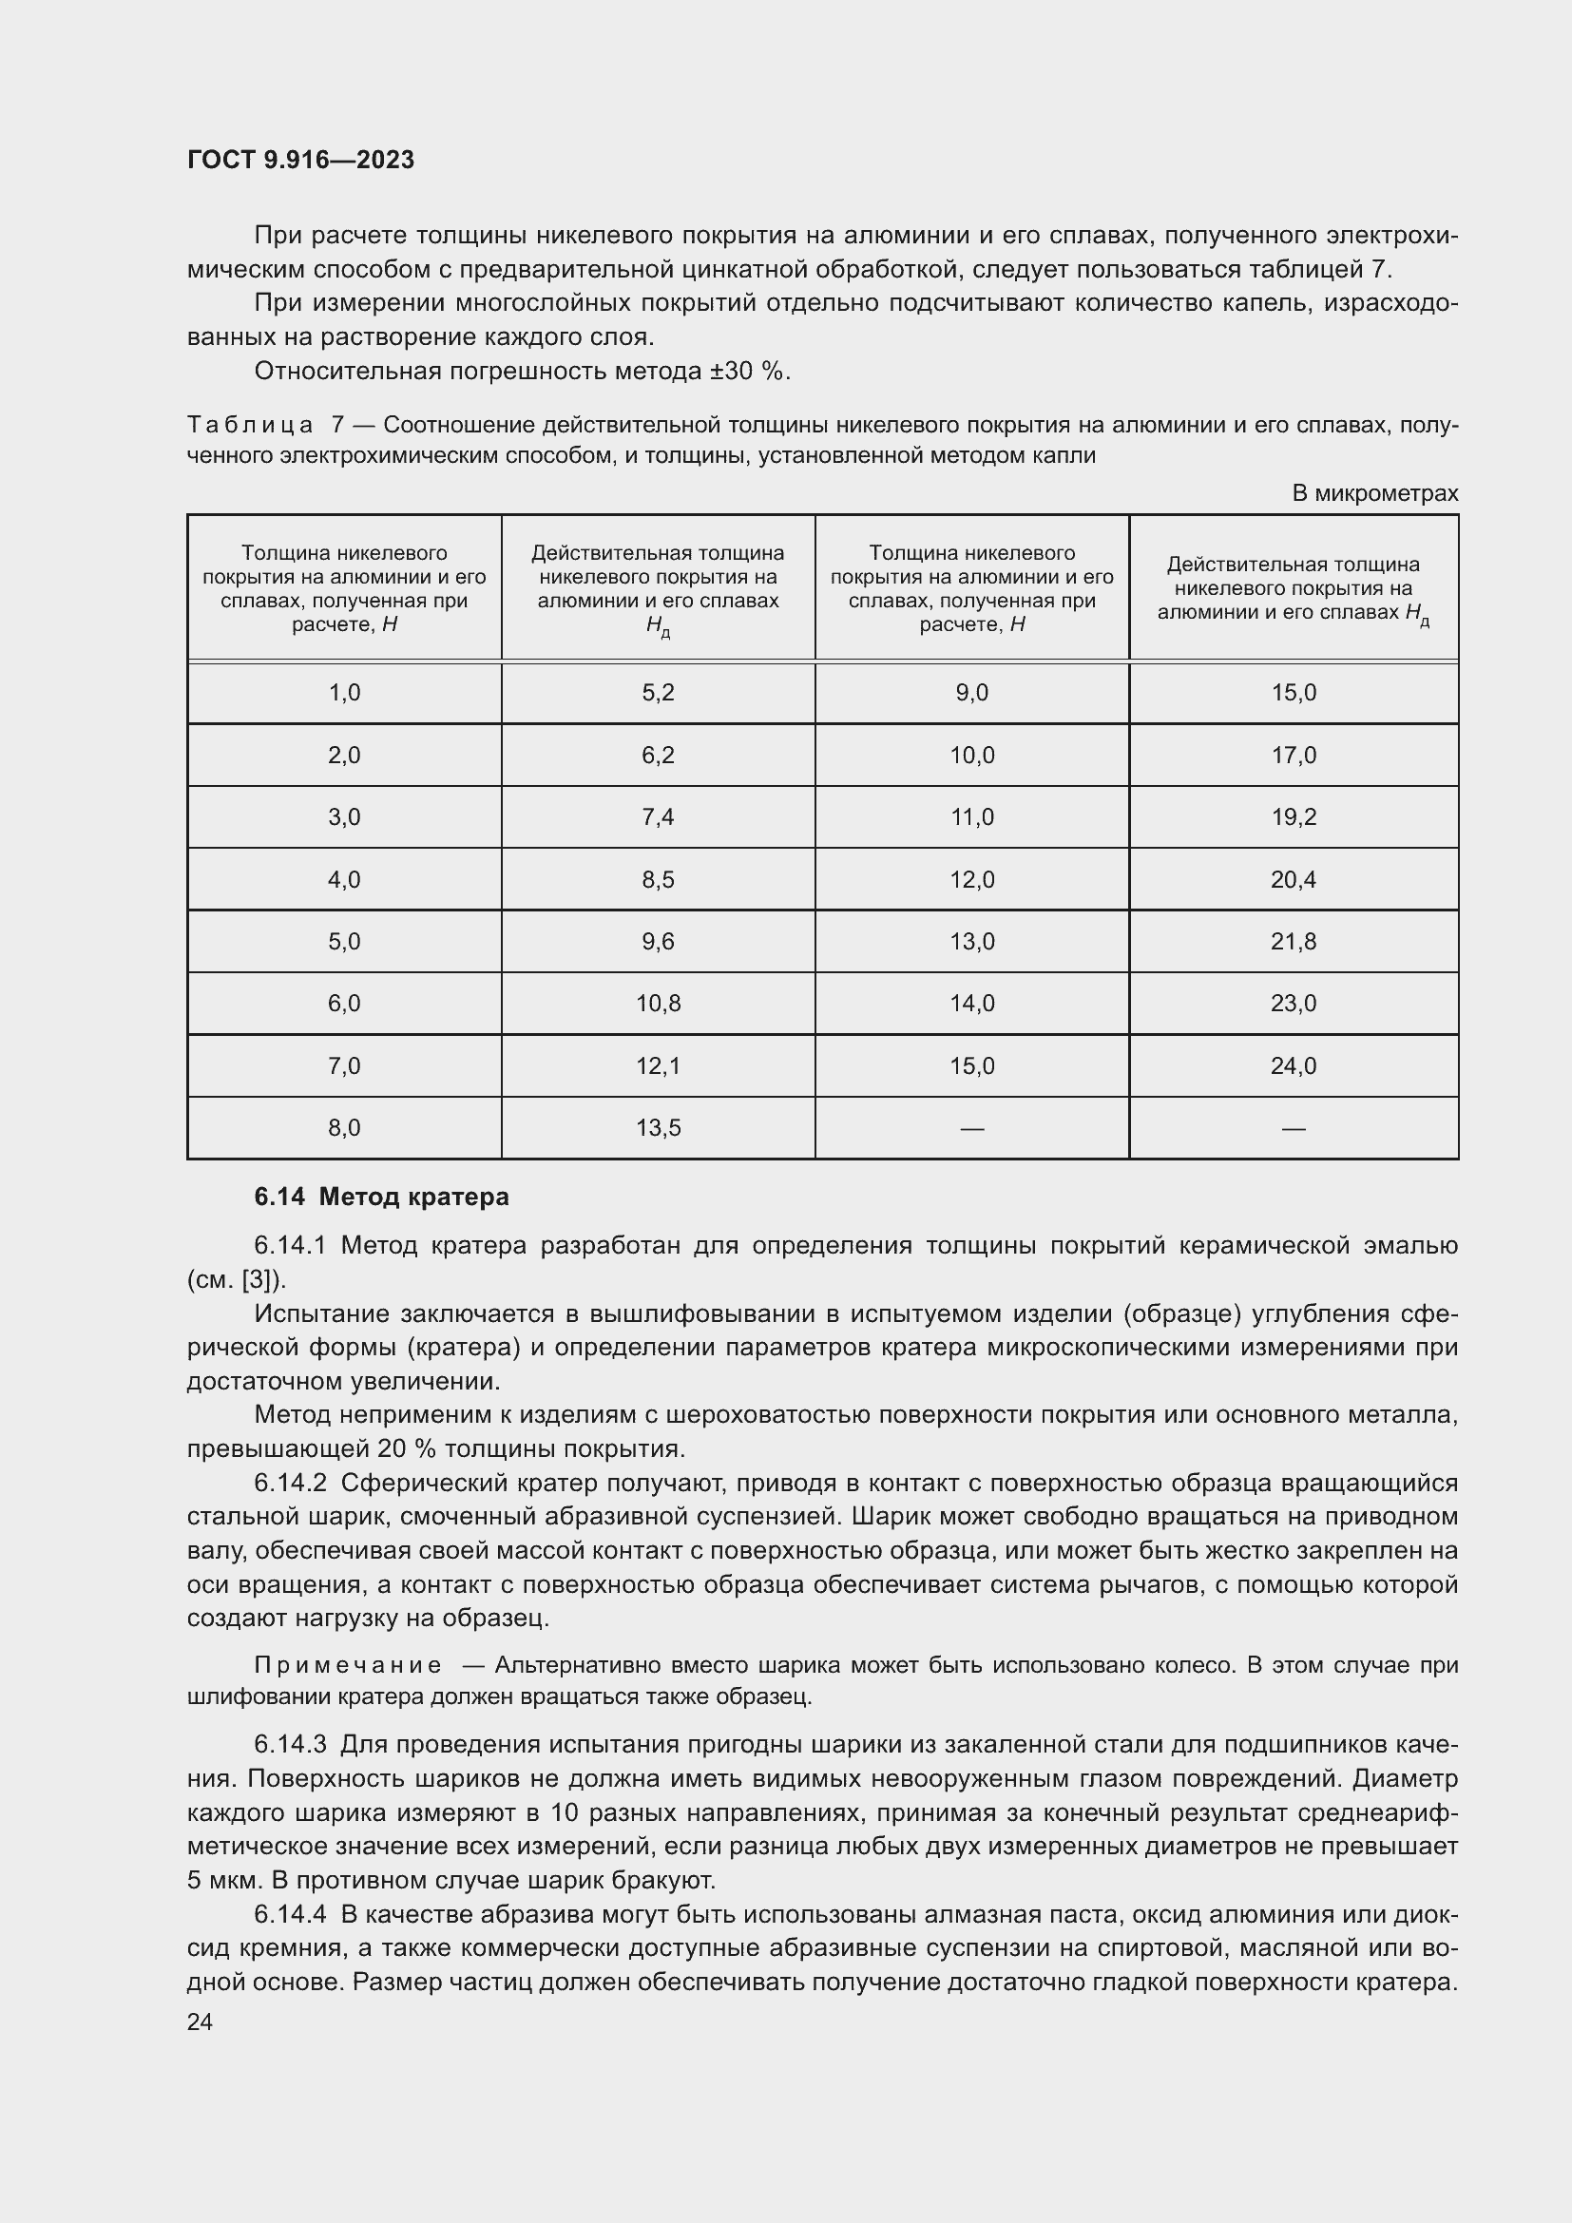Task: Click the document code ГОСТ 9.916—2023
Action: tap(300, 160)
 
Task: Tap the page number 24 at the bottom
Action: tap(200, 2022)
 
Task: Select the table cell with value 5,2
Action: tap(658, 692)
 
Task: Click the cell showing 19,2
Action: tap(1294, 817)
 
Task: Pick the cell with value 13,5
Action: tap(658, 1128)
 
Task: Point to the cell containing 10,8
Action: tap(658, 1003)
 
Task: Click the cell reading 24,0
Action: tap(1294, 1066)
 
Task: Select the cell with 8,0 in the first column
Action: tap(344, 1128)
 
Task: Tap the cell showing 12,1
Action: tap(658, 1066)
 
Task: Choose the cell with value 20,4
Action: tap(1294, 879)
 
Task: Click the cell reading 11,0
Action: tap(972, 817)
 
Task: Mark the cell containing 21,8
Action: tap(1294, 941)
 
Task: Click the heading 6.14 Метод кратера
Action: tap(381, 1197)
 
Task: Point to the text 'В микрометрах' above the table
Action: tap(1374, 493)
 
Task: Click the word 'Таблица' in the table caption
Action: tap(250, 425)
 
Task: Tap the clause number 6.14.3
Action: tap(291, 1744)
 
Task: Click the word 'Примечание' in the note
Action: tap(348, 1664)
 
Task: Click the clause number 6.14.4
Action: tap(291, 1914)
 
